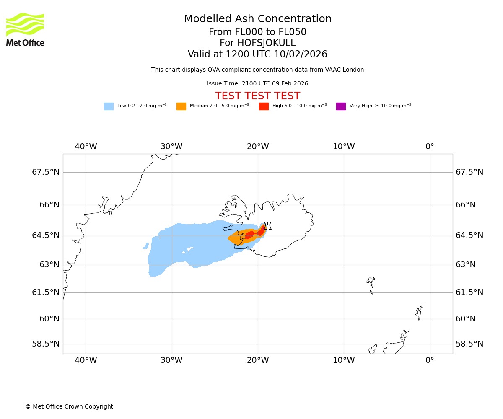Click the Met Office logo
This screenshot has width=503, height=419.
pyautogui.click(x=25, y=29)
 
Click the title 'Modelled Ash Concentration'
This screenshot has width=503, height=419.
pyautogui.click(x=257, y=19)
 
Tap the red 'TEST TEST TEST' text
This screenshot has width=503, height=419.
pyautogui.click(x=257, y=96)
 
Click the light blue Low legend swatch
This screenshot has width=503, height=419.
pyautogui.click(x=109, y=106)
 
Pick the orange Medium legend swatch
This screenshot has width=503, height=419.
pyautogui.click(x=181, y=106)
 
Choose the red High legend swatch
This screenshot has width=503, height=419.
pyautogui.click(x=264, y=106)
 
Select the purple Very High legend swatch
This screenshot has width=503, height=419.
pyautogui.click(x=341, y=106)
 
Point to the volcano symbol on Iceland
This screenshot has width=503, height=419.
pyautogui.click(x=267, y=226)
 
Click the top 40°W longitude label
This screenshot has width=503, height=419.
pyautogui.click(x=86, y=147)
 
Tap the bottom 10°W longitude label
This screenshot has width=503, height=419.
pyautogui.click(x=344, y=360)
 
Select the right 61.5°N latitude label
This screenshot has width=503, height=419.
pyautogui.click(x=469, y=292)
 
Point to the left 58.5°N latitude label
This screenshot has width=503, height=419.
pyautogui.click(x=46, y=344)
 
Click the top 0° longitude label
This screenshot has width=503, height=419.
pyautogui.click(x=430, y=147)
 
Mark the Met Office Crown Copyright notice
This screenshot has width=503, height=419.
pyautogui.click(x=69, y=406)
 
